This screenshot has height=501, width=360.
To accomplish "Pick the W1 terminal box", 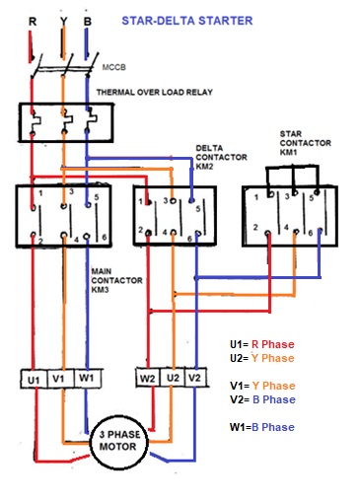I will click(x=87, y=378).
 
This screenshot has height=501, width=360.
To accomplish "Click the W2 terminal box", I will click(x=146, y=378).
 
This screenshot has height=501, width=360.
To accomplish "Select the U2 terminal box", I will click(x=172, y=378).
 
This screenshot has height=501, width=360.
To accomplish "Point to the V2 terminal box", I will click(x=196, y=378).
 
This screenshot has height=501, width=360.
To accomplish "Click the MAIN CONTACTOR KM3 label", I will click(x=115, y=280).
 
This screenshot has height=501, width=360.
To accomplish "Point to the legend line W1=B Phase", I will click(x=262, y=427).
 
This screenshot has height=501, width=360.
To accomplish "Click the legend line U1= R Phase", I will click(x=262, y=345).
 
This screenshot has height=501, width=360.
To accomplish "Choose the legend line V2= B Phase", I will click(x=262, y=399).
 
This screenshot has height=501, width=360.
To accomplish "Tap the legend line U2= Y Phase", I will click(x=262, y=358).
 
